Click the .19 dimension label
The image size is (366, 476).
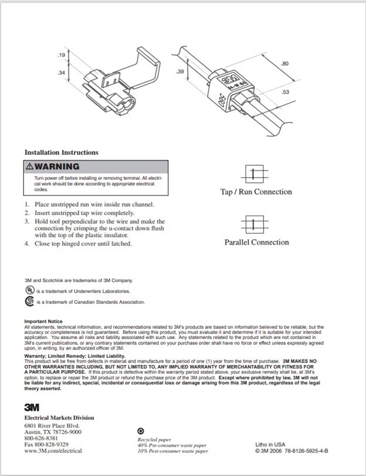61,55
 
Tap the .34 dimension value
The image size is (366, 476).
61,73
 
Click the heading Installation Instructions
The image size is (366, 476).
62,153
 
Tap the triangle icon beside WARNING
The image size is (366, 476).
30,166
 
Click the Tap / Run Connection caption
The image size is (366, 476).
256,192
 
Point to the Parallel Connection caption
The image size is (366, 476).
256,242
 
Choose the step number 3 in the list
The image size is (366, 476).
27,221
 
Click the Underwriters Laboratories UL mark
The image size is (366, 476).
29,290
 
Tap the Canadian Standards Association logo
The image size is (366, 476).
29,301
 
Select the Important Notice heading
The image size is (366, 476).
43,321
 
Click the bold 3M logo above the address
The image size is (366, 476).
32,407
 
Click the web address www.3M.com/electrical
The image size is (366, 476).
53,451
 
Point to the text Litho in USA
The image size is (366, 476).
270,444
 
